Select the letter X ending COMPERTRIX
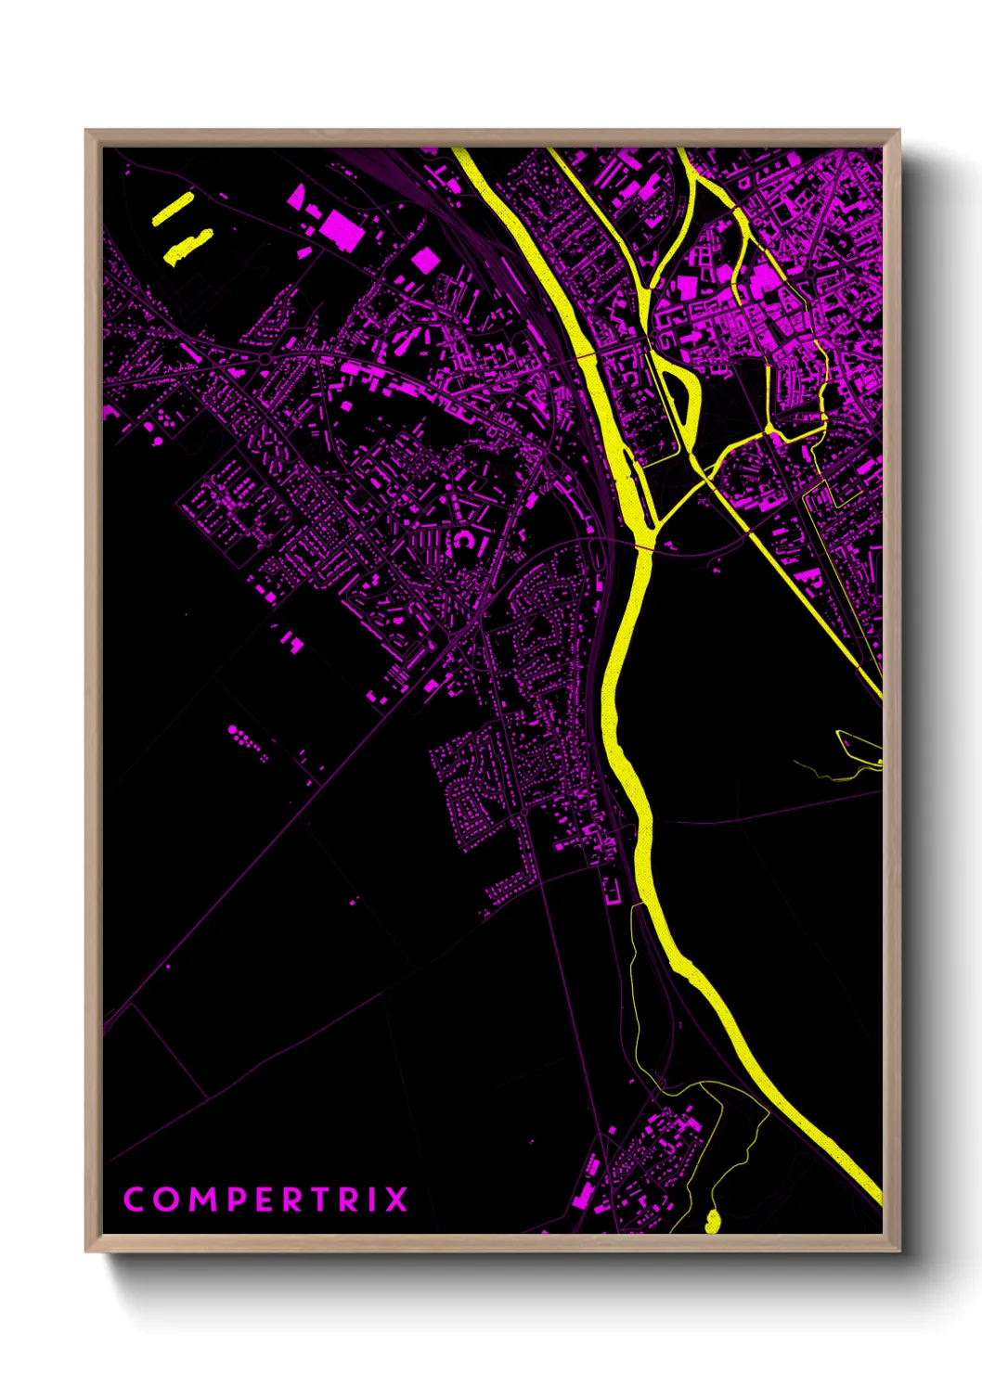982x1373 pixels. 396,1200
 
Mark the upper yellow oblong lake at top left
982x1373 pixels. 173,209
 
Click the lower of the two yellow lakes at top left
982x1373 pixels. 188,247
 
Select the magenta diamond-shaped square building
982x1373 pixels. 424,261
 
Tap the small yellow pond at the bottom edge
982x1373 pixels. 712,1221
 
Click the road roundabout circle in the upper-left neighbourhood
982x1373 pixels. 265,358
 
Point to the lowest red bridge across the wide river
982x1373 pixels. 643,547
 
